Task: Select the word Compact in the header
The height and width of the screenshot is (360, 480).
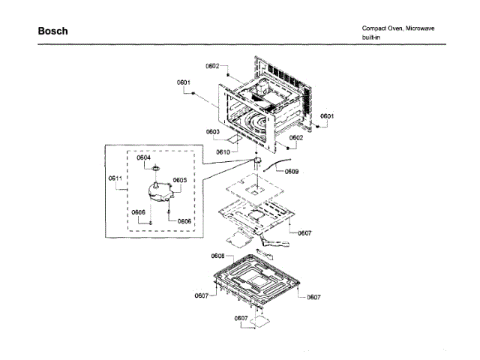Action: tap(374, 28)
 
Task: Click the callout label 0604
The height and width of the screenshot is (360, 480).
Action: tap(144, 157)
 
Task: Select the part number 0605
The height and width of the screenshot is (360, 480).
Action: tap(179, 180)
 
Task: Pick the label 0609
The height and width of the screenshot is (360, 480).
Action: tap(291, 172)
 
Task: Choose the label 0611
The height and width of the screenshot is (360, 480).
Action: tap(115, 178)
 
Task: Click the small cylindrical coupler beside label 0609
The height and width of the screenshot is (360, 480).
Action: tap(257, 160)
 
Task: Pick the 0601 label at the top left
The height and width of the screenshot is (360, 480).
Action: tap(183, 82)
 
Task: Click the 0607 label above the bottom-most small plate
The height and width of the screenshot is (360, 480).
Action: tap(241, 318)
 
